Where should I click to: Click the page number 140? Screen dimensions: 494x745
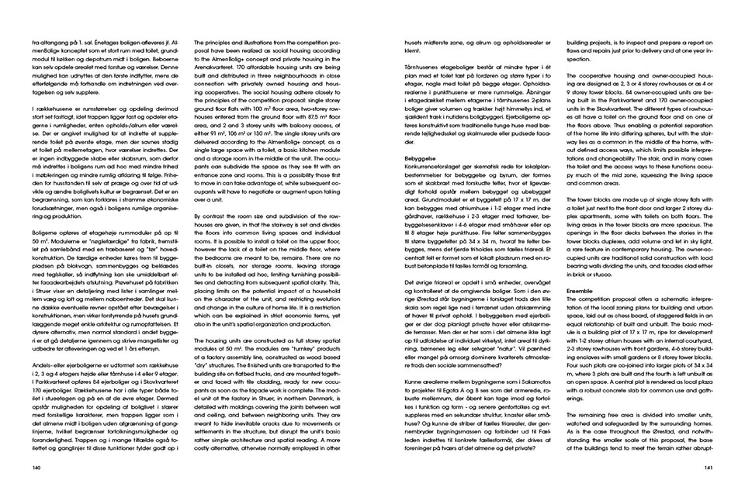pyautogui.click(x=36, y=468)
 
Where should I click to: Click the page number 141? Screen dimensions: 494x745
pyautogui.click(x=709, y=468)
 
